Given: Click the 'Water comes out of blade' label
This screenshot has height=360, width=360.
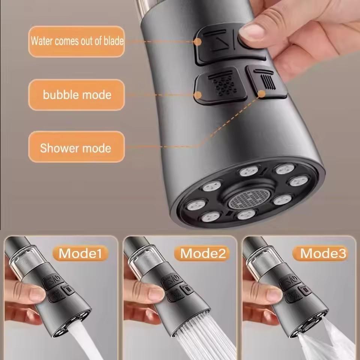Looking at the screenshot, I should (x=76, y=41).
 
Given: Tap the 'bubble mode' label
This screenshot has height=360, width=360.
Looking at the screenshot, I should (x=76, y=94).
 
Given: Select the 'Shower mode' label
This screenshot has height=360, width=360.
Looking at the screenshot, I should (x=76, y=147).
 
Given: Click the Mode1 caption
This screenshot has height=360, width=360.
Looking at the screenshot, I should (x=80, y=253).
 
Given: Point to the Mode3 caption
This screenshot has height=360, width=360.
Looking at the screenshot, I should (x=323, y=253).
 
